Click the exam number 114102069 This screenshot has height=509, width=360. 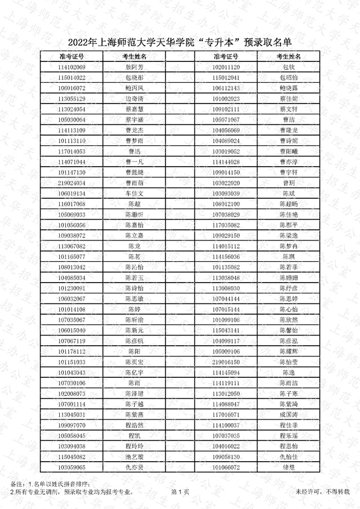[72, 68]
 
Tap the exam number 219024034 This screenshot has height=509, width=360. [72, 183]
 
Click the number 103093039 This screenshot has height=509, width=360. [226, 194]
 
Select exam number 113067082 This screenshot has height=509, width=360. [72, 246]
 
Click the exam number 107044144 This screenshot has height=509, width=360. [226, 298]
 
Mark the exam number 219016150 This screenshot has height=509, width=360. [226, 362]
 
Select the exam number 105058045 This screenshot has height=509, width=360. [72, 435]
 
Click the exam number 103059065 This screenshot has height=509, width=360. [72, 467]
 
